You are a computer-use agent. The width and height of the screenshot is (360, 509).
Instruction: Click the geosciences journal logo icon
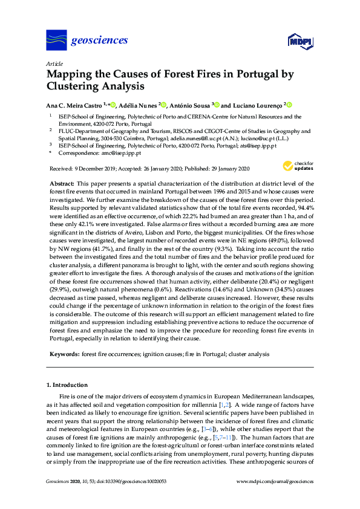[x=56, y=41]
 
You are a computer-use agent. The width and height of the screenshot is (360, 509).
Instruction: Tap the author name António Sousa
[x=188, y=105]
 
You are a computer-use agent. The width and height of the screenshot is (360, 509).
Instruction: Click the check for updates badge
[x=298, y=166]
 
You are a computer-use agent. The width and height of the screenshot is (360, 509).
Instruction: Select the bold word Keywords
[x=63, y=353]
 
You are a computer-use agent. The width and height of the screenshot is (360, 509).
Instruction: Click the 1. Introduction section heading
[x=67, y=384]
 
